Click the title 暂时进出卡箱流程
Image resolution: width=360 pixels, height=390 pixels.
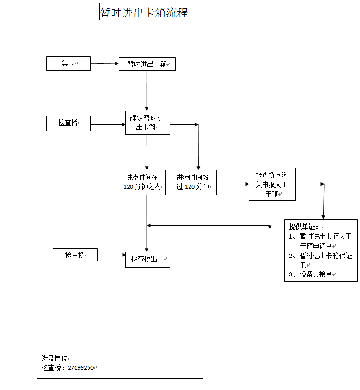click(x=144, y=13)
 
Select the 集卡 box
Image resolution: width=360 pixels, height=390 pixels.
click(x=68, y=64)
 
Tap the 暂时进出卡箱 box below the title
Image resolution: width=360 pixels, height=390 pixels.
click(x=147, y=64)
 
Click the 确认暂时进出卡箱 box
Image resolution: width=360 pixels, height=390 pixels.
click(x=148, y=122)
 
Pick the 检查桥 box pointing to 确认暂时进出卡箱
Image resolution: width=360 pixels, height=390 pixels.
click(x=68, y=123)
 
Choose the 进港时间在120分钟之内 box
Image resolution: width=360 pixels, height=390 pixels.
click(x=142, y=182)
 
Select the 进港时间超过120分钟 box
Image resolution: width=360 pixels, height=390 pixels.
click(x=193, y=182)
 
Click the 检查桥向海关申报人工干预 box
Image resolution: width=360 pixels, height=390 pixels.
click(x=272, y=184)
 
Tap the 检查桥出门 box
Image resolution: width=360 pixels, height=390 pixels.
click(x=148, y=259)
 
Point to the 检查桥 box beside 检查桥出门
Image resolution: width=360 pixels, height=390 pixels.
click(x=75, y=255)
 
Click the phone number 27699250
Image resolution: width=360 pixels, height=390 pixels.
click(x=81, y=368)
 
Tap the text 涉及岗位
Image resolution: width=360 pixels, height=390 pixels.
click(x=54, y=358)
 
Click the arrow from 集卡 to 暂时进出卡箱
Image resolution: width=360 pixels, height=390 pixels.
click(x=105, y=64)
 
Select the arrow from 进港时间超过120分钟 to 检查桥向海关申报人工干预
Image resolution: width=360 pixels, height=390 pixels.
click(x=232, y=184)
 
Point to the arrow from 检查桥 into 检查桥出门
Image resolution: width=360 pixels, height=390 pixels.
click(x=111, y=255)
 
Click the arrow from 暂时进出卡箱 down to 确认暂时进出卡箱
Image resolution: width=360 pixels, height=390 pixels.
click(x=147, y=90)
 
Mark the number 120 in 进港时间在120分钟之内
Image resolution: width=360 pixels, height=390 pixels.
click(x=129, y=187)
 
